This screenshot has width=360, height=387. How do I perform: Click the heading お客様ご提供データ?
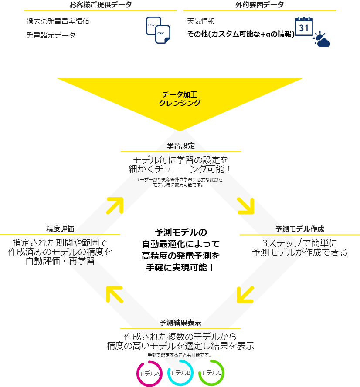point(101,5)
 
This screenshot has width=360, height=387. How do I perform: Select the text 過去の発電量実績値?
point(58,21)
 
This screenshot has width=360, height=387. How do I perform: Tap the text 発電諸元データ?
point(51,35)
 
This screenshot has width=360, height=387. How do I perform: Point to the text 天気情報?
point(201,21)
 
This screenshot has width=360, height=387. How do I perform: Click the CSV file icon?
point(158,30)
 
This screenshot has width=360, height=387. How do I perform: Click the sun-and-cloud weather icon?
point(322,40)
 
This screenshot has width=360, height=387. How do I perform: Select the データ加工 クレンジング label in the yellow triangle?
point(180,99)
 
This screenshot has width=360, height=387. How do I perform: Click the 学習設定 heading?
point(180,145)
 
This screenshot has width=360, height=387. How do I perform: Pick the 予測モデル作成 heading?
point(299,229)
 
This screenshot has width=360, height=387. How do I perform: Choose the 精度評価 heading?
point(60,229)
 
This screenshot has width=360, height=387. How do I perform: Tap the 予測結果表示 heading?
point(180,323)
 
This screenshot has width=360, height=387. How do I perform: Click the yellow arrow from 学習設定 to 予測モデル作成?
point(245,205)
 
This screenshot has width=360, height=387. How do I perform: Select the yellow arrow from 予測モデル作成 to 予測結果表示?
point(245,294)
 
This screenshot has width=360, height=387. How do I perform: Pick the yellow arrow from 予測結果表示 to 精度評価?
point(115,294)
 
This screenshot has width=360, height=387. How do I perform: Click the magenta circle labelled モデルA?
point(149,374)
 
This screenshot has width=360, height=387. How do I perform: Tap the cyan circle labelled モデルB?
point(180,373)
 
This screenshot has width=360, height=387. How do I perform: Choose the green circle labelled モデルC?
point(211,373)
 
